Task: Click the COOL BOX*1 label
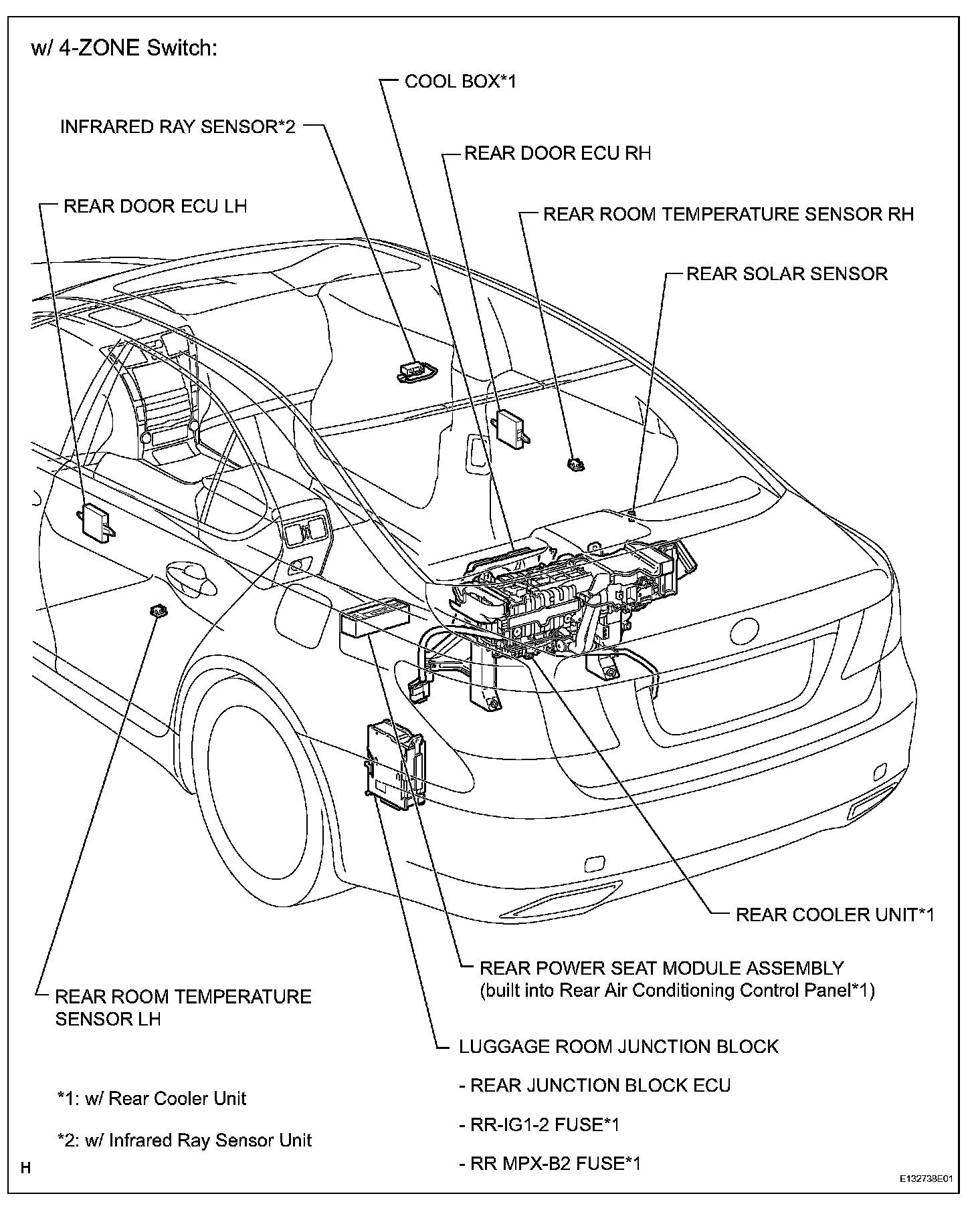click(x=460, y=82)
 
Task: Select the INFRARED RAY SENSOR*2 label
click(x=177, y=127)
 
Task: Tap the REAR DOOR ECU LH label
click(x=155, y=206)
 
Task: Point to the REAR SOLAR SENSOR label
click(x=787, y=273)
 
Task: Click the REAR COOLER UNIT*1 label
click(x=834, y=914)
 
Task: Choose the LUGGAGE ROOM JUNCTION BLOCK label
click(x=618, y=1046)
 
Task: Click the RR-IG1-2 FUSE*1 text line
click(x=539, y=1124)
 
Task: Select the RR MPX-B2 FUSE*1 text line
click(x=549, y=1163)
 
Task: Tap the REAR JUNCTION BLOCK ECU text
click(x=595, y=1085)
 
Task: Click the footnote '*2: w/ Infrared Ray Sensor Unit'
click(x=185, y=1139)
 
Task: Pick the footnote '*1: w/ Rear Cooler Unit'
click(x=152, y=1098)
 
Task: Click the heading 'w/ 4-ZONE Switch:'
click(x=124, y=49)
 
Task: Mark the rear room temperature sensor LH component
click(x=159, y=609)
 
